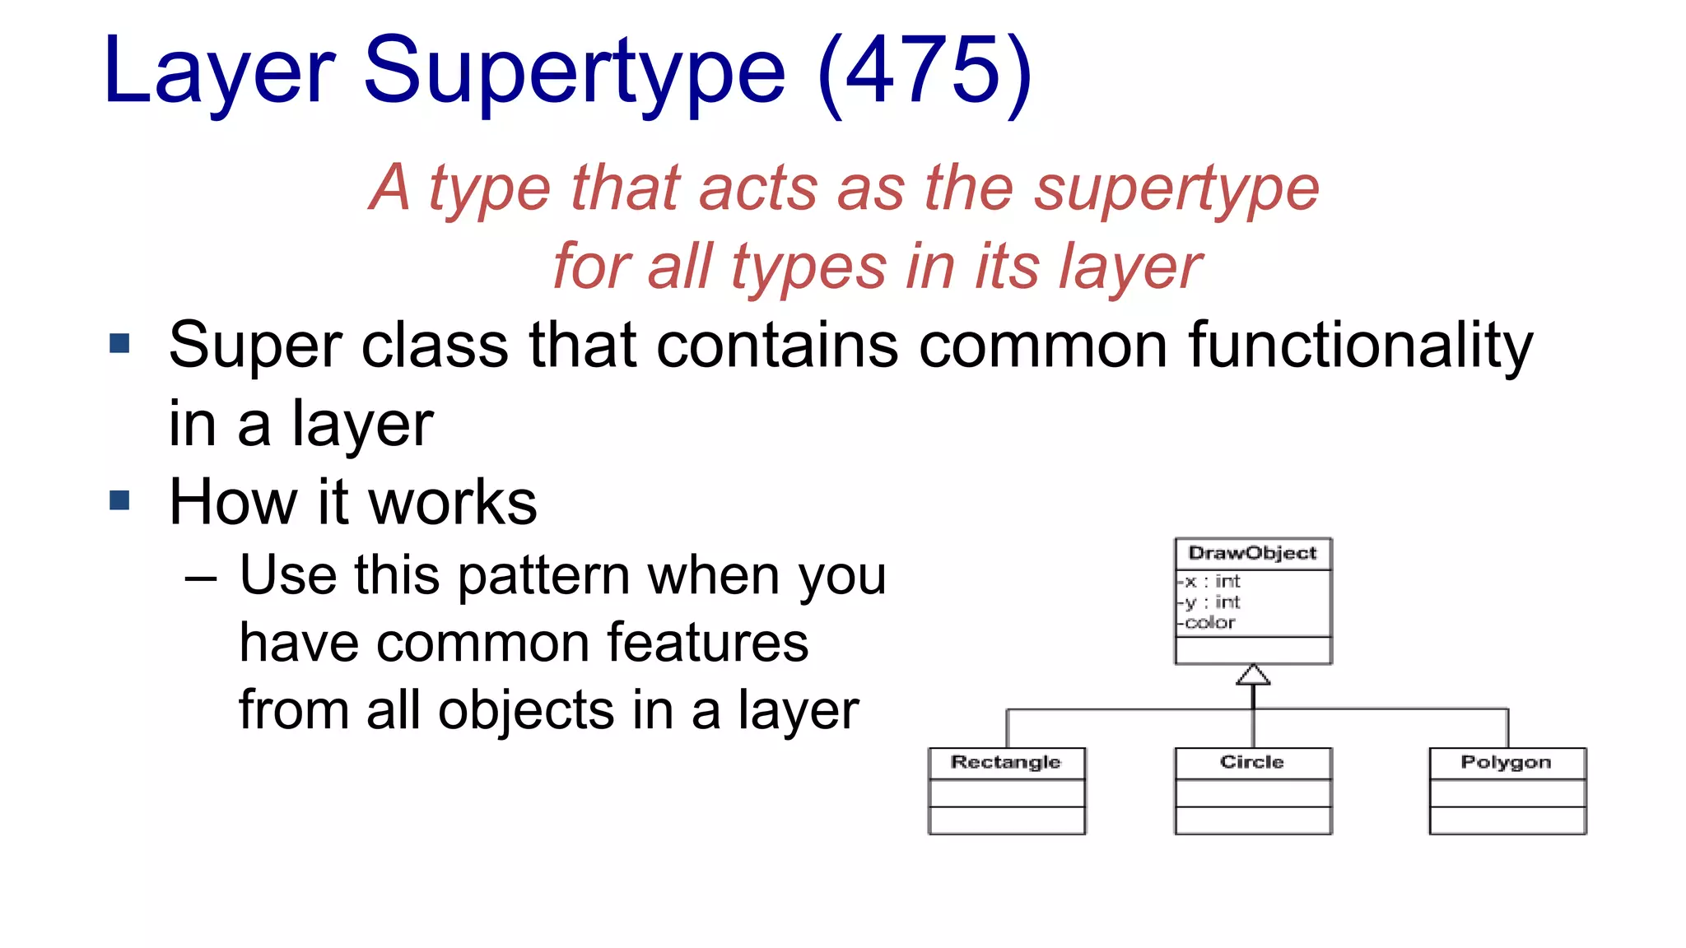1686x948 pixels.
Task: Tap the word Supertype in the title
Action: tap(574, 72)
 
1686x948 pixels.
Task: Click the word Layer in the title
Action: tap(219, 72)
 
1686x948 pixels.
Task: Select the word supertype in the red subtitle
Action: tap(1176, 189)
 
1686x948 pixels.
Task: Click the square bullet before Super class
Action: tap(119, 343)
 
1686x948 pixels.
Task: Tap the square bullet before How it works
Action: tap(119, 500)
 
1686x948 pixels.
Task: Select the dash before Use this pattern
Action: tap(201, 579)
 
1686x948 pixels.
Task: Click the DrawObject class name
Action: tap(1252, 553)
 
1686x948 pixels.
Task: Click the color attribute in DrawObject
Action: tap(1209, 623)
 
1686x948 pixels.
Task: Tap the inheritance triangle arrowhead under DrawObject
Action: tap(1253, 676)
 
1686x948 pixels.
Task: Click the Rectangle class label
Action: tap(1005, 762)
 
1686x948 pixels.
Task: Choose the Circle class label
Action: tap(1251, 762)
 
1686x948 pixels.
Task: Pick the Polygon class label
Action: tap(1506, 762)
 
